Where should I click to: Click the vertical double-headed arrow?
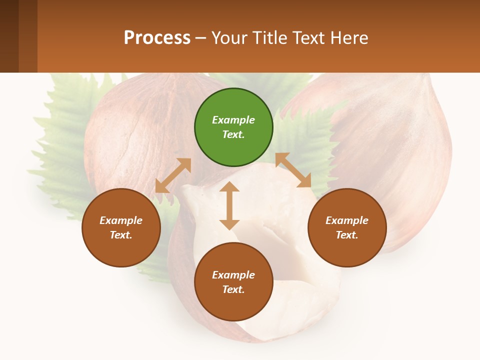pyautogui.click(x=229, y=206)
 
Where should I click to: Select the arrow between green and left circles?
pyautogui.click(x=173, y=176)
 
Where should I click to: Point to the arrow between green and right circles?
pyautogui.click(x=293, y=170)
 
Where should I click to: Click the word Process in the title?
pyautogui.click(x=157, y=38)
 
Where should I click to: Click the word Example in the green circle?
pyautogui.click(x=233, y=120)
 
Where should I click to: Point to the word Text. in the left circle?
pyautogui.click(x=121, y=235)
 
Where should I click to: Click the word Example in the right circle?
pyautogui.click(x=347, y=220)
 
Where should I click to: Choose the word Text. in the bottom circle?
pyautogui.click(x=233, y=289)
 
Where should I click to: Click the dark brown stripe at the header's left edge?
pyautogui.click(x=9, y=36)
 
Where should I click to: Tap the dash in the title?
pyautogui.click(x=200, y=38)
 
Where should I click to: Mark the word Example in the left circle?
pyautogui.click(x=121, y=220)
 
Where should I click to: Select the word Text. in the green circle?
pyautogui.click(x=233, y=134)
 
